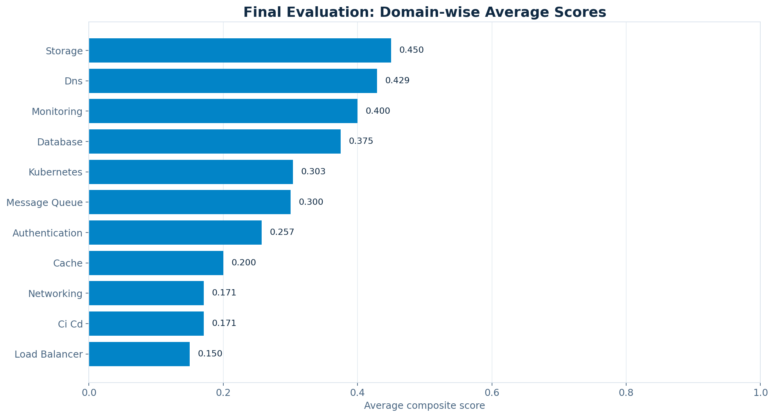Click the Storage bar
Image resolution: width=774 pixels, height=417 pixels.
pyautogui.click(x=240, y=50)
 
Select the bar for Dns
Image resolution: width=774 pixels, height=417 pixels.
pyautogui.click(x=233, y=81)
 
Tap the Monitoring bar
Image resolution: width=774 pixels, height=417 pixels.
pyautogui.click(x=223, y=111)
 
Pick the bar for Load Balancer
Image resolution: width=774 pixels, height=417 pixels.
pyautogui.click(x=139, y=354)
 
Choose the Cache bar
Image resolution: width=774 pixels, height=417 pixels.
pyautogui.click(x=156, y=263)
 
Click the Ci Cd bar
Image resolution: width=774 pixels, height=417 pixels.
pyautogui.click(x=146, y=324)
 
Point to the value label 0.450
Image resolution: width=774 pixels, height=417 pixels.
pyautogui.click(x=411, y=50)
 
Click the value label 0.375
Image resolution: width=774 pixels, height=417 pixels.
pyautogui.click(x=361, y=141)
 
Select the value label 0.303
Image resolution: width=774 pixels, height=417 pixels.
pyautogui.click(x=313, y=172)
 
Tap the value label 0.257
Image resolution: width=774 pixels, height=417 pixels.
pyautogui.click(x=282, y=232)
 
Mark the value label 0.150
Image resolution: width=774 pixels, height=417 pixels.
pyautogui.click(x=210, y=354)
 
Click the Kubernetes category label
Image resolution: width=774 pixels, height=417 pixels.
pyautogui.click(x=56, y=172)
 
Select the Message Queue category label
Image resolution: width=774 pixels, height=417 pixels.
pyautogui.click(x=45, y=202)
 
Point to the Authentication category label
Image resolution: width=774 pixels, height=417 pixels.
pyautogui.click(x=47, y=233)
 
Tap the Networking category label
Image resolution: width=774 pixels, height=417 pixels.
pyautogui.click(x=55, y=294)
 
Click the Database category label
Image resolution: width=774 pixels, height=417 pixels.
pyautogui.click(x=60, y=142)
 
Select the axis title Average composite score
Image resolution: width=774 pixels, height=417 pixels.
pyautogui.click(x=424, y=406)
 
